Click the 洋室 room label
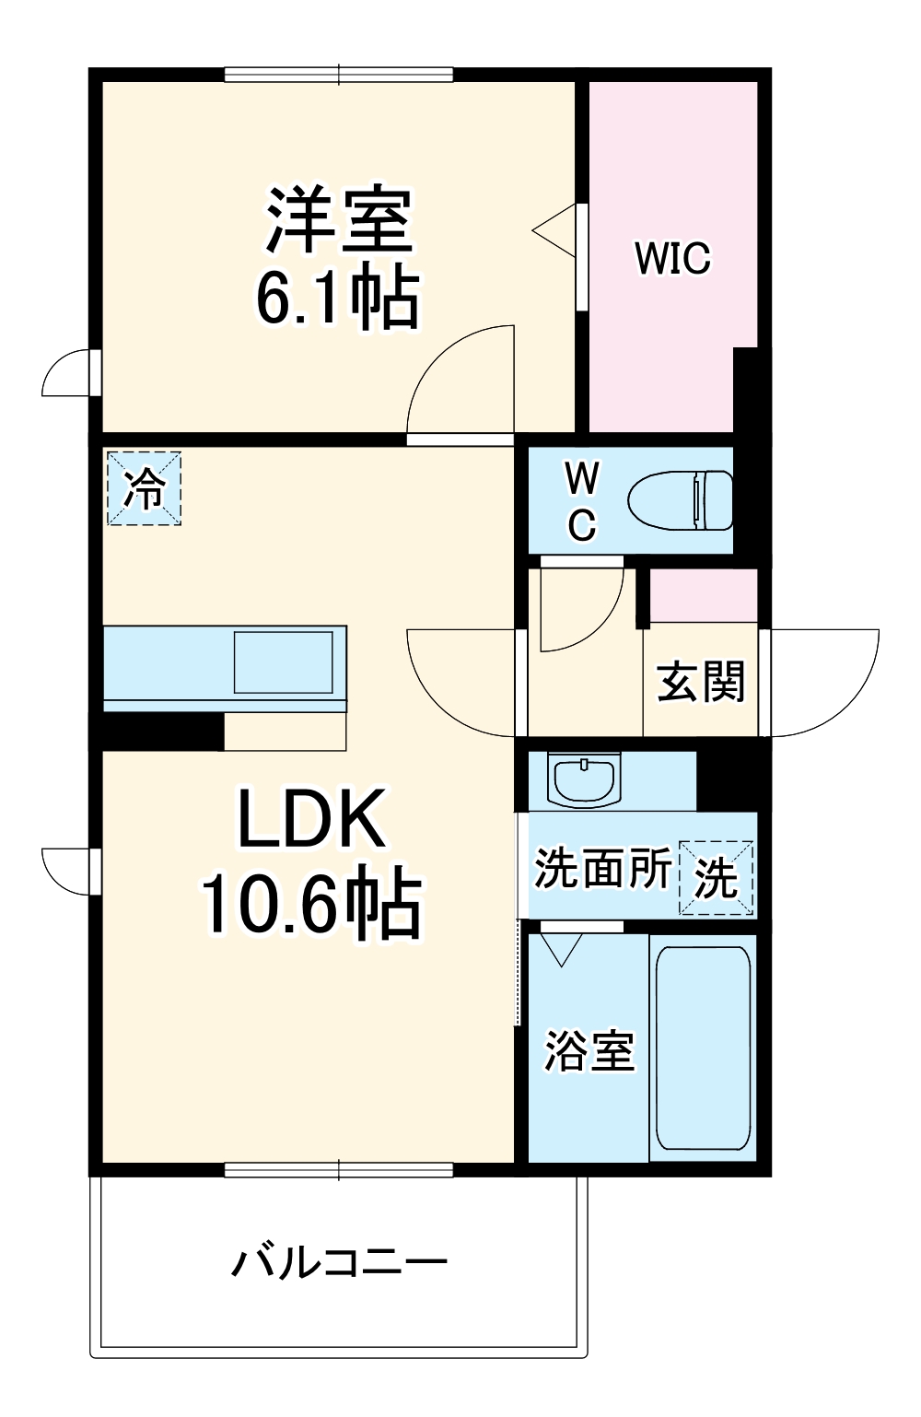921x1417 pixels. pyautogui.click(x=338, y=220)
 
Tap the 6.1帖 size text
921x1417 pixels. pyautogui.click(x=337, y=298)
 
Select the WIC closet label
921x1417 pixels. pyautogui.click(x=672, y=258)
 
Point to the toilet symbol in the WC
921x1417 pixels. pyautogui.click(x=681, y=500)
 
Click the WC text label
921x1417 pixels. pyautogui.click(x=581, y=502)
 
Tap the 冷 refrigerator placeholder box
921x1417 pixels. pyautogui.click(x=144, y=488)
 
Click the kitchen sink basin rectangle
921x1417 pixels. pyautogui.click(x=283, y=662)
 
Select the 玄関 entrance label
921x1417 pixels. pyautogui.click(x=701, y=682)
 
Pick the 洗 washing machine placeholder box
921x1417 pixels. pyautogui.click(x=716, y=878)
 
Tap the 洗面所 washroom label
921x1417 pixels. pyautogui.click(x=602, y=868)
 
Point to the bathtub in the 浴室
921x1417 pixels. pyautogui.click(x=703, y=1048)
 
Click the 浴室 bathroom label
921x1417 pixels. pyautogui.click(x=589, y=1051)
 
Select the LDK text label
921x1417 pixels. pyautogui.click(x=311, y=819)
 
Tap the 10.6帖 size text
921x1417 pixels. pyautogui.click(x=311, y=904)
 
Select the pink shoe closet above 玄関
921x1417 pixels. pyautogui.click(x=704, y=595)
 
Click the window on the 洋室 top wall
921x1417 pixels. pyautogui.click(x=339, y=75)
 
